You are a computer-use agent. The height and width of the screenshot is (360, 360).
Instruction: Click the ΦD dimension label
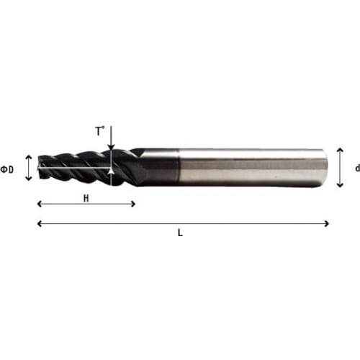tap(7, 169)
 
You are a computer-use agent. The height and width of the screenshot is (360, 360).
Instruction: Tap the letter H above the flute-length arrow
tap(86, 199)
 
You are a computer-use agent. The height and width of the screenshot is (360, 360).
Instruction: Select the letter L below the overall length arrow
tap(180, 233)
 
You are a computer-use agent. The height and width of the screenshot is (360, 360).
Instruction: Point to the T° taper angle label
tap(100, 131)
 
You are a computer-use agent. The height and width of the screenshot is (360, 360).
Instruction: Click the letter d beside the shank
tap(357, 168)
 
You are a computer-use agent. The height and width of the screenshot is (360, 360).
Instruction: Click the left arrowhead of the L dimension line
tap(40, 224)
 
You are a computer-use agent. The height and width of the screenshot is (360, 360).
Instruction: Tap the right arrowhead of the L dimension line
tap(326, 224)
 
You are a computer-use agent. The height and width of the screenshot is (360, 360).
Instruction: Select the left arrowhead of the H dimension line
tap(40, 204)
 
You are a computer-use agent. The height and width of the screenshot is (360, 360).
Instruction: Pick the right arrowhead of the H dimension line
tap(133, 204)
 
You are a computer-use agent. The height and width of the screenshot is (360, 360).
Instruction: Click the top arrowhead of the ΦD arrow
tap(29, 157)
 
